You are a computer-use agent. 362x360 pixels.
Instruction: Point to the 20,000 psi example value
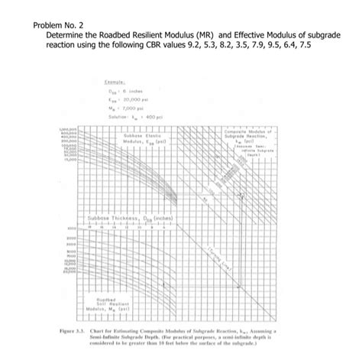pyautogui.click(x=130, y=99)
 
